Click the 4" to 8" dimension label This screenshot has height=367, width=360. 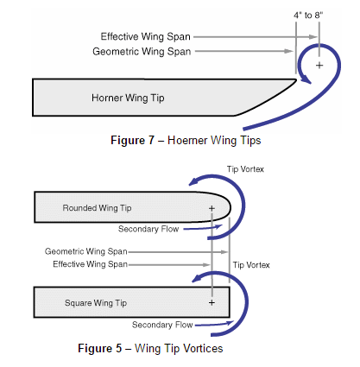click(x=308, y=16)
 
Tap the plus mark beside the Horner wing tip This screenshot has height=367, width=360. click(x=319, y=66)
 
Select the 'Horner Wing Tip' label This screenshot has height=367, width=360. click(x=128, y=98)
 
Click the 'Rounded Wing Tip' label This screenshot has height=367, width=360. click(x=97, y=208)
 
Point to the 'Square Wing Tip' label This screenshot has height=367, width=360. click(x=96, y=303)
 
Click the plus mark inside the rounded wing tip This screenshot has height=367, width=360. click(x=212, y=208)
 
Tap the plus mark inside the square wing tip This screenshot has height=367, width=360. click(x=212, y=302)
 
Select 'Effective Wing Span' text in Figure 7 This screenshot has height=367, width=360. click(x=145, y=36)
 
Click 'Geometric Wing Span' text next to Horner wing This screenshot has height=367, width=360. click(x=142, y=52)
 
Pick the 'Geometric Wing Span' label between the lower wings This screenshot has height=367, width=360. click(x=86, y=251)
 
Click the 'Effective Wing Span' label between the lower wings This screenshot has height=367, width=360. click(x=90, y=264)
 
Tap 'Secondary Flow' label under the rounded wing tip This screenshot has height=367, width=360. click(x=148, y=229)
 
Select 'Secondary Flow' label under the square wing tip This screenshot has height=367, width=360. click(x=162, y=325)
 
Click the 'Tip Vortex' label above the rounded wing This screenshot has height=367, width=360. click(x=245, y=169)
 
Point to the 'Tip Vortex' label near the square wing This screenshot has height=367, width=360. click(x=251, y=265)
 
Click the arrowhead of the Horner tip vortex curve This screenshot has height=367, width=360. click(x=306, y=79)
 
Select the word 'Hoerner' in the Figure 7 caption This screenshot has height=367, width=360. click(x=187, y=141)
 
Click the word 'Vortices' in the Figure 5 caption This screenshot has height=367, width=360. click(x=203, y=348)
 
